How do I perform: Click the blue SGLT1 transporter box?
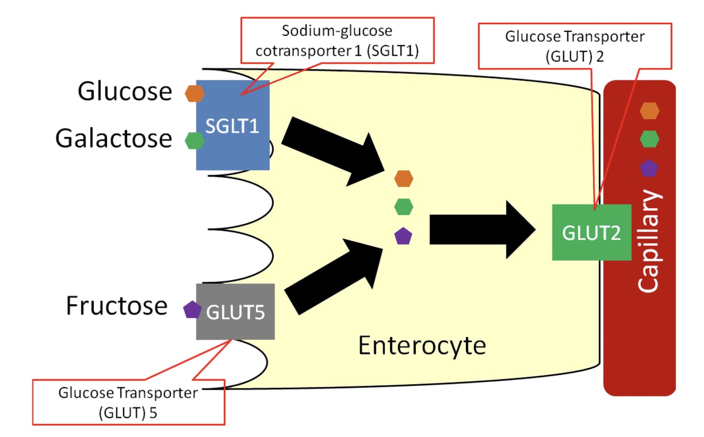pos(232,125)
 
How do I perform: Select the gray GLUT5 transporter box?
pos(235,311)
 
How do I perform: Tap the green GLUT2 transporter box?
pos(591,232)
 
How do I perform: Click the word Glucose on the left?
pos(125,92)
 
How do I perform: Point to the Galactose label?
pos(113,138)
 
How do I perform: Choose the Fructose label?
pos(117,306)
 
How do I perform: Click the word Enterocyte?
pos(422,345)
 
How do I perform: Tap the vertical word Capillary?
pos(649,242)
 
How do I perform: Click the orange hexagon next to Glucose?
pos(195,93)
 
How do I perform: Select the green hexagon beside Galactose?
pos(195,140)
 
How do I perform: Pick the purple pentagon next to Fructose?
pos(192,310)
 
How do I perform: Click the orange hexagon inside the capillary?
pos(649,111)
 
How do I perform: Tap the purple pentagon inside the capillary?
pos(649,168)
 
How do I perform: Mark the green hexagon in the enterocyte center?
pos(403,207)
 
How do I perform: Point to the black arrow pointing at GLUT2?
pos(482,229)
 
